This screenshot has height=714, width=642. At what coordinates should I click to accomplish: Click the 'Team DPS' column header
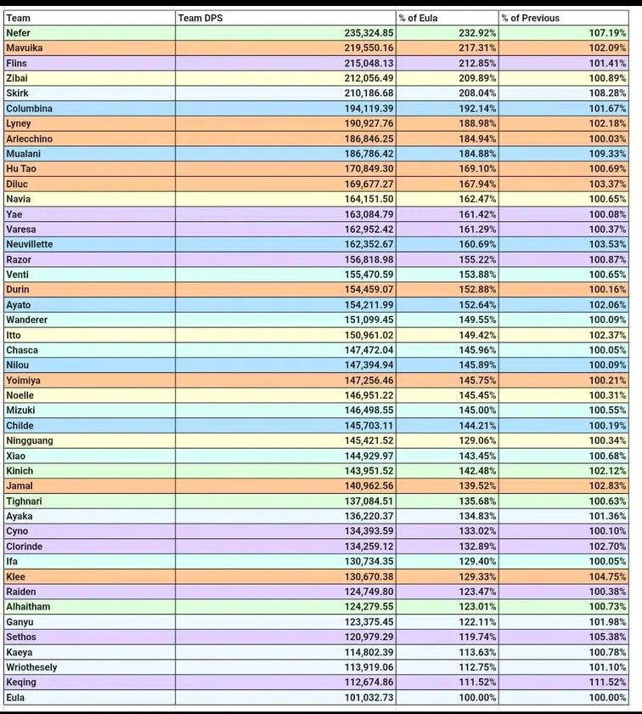(198, 18)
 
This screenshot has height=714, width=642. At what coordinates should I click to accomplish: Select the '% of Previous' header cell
(530, 18)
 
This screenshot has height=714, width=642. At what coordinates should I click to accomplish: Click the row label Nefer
(18, 33)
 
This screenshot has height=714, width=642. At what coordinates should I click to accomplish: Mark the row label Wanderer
(26, 320)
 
